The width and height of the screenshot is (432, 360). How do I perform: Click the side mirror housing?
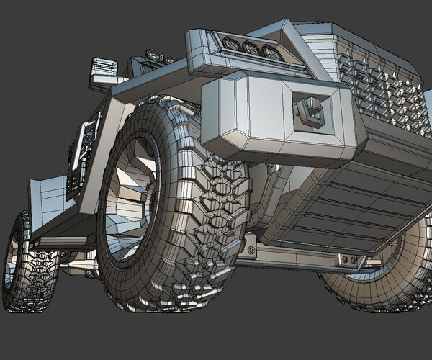click(x=103, y=68)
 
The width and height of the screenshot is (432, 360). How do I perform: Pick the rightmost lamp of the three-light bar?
click(x=271, y=51)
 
